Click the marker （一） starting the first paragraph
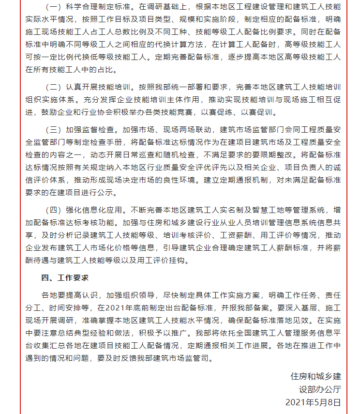(52, 8)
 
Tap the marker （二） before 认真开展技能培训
(52, 88)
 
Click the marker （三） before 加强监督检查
(52, 130)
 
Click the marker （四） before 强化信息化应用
(52, 210)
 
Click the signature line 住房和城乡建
(315, 376)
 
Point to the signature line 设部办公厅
(320, 389)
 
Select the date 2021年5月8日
(313, 402)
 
